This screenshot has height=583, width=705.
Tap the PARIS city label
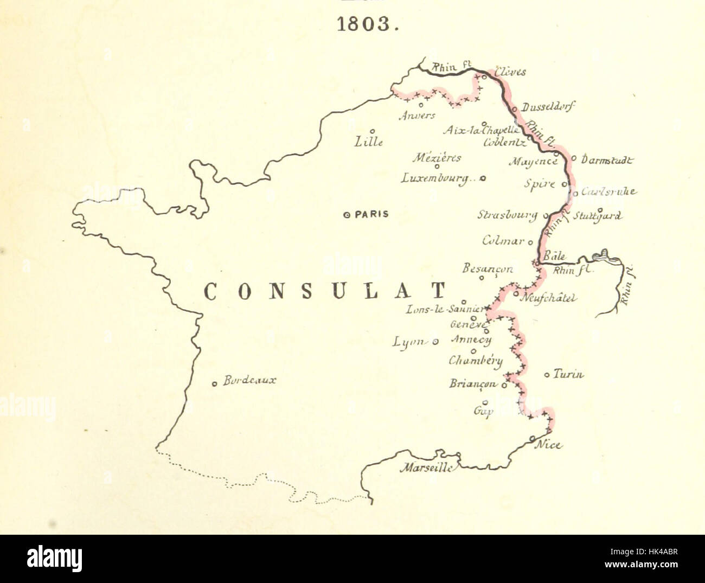click(371, 214)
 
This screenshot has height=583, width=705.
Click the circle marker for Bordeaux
click(215, 383)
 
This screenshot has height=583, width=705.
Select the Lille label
click(369, 142)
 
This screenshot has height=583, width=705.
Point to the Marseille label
click(426, 467)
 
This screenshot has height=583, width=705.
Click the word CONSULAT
click(324, 292)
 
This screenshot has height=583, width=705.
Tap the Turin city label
click(568, 374)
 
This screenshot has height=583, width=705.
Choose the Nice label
click(548, 445)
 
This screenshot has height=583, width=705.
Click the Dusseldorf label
click(548, 107)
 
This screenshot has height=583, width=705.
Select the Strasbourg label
click(507, 215)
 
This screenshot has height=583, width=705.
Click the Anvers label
click(417, 116)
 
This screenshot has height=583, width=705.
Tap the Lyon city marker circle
click(435, 342)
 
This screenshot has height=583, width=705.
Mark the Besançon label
click(487, 268)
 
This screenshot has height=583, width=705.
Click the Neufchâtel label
click(548, 298)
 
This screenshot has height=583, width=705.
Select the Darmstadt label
click(606, 160)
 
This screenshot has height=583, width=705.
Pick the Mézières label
click(437, 158)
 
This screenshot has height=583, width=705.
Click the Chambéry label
click(476, 361)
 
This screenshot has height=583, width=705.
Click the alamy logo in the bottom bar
click(54, 558)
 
